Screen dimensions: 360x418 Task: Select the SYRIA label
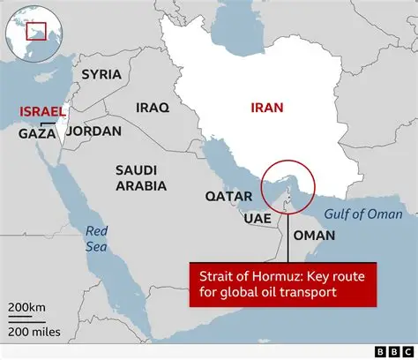point(101,74)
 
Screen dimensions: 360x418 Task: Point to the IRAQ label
point(152,107)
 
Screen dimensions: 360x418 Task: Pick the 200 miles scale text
point(33,330)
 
